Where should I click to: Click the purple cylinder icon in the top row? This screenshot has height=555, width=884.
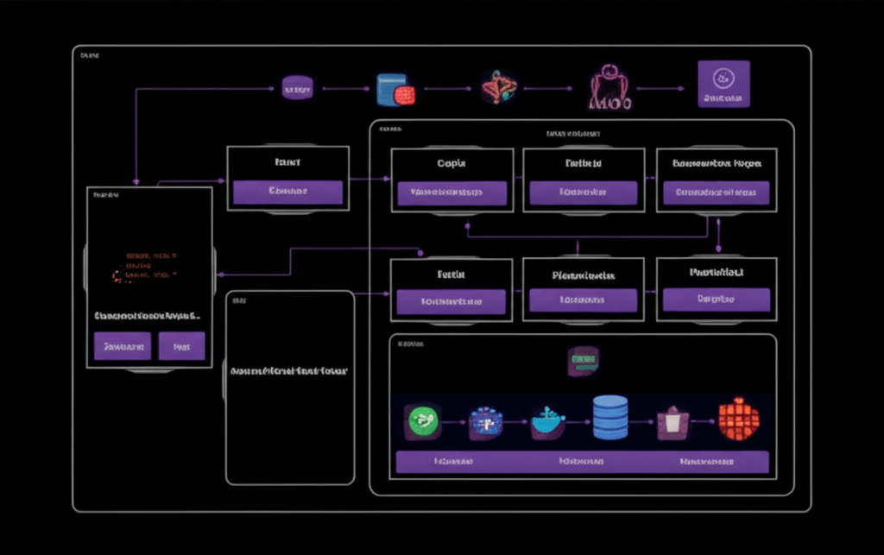coord(297,87)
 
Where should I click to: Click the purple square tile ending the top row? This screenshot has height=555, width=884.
coord(723,84)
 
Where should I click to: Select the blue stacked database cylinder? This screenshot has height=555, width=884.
coord(610,419)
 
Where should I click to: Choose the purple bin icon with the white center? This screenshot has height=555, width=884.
coord(673,422)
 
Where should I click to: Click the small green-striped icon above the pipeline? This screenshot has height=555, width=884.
coord(583,361)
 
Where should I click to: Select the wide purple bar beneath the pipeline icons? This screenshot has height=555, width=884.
coord(582,462)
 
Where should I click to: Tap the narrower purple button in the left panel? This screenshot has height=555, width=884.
coord(182,346)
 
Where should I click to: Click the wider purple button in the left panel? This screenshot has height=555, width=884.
coord(123,346)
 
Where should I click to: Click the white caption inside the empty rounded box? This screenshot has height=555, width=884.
coord(289,370)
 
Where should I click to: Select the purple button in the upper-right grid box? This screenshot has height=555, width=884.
coord(716,192)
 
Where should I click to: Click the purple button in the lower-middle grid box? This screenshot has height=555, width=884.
coord(583,300)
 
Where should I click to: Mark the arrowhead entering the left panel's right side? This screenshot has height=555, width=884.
coord(220,274)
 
